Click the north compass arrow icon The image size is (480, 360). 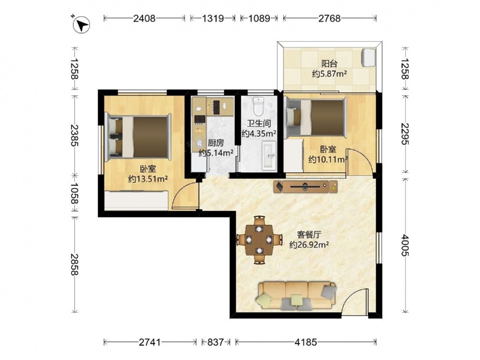pos(82,25)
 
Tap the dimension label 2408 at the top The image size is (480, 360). pos(144,18)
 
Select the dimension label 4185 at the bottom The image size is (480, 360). pos(305,342)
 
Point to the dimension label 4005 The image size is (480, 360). pos(405,245)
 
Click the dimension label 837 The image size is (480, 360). pos(216,342)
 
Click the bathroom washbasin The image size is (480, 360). pos(269,156)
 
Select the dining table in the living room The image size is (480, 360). pos(259,240)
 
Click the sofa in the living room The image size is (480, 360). pos(296,296)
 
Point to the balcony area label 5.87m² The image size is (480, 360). pos(329,74)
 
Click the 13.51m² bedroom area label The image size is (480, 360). pos(148,179)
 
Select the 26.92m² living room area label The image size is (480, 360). pos(309,245)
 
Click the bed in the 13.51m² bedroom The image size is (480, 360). pos(137,137)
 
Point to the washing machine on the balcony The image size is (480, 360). pos(369,57)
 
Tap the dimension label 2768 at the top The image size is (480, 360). pos(329,18)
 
